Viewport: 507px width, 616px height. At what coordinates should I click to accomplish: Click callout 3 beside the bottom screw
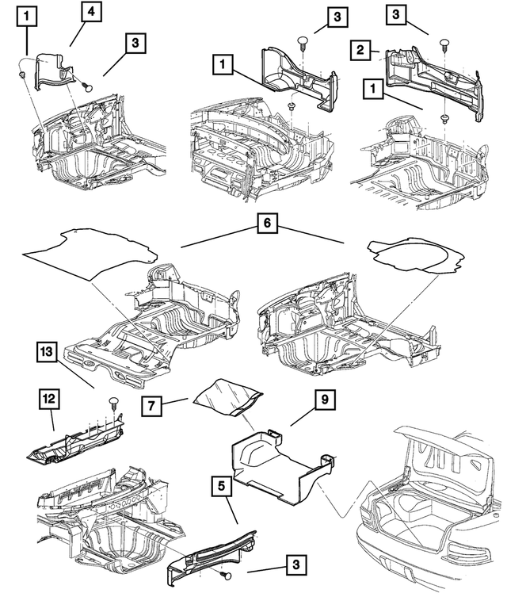295,564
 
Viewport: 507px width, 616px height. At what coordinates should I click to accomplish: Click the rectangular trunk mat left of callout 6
91,252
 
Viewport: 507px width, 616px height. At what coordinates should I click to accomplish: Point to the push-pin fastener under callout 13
113,401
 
